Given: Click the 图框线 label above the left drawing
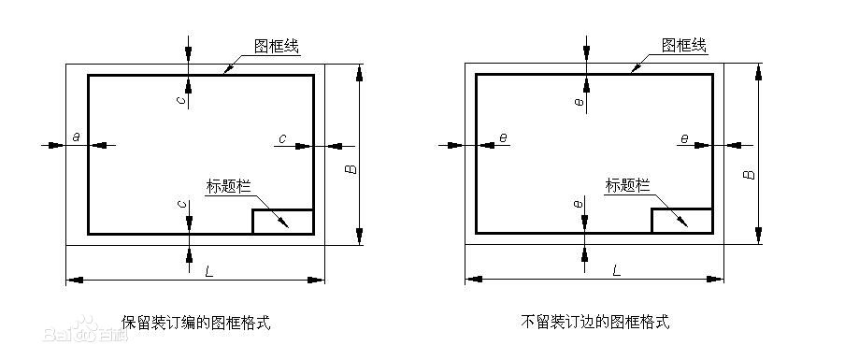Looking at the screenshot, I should [277, 45].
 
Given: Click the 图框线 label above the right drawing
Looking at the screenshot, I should [684, 45].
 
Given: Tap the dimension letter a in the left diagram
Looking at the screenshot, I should [76, 138].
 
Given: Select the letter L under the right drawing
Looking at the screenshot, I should [615, 270].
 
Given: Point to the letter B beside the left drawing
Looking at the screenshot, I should [348, 173].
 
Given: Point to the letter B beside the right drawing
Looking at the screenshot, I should [749, 173].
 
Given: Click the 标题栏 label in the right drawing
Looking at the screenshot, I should [627, 184].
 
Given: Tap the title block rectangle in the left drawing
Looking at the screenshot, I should [282, 222].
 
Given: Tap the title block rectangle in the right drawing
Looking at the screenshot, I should [681, 222].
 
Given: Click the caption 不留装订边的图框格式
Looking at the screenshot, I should [594, 323].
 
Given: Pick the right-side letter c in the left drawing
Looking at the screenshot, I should [281, 138].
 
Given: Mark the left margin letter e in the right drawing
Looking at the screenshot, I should [504, 138].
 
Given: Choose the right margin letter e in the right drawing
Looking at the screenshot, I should [684, 138].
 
